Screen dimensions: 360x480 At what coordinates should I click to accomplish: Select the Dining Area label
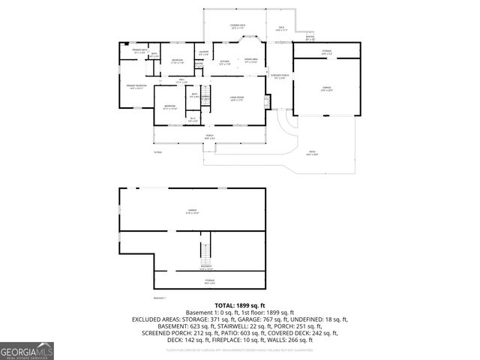tap(251, 60)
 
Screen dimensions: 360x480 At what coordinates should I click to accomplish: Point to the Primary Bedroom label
tap(136, 87)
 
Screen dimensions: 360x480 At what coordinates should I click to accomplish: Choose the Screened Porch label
tap(280, 76)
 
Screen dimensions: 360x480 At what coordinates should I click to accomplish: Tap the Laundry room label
tap(203, 53)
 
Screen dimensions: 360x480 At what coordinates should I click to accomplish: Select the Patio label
tap(312, 153)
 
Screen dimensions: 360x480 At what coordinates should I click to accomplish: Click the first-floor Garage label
tap(326, 88)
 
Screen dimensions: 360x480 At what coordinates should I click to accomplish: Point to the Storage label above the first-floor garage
tap(327, 52)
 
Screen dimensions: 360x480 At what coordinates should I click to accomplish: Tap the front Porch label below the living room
tap(209, 137)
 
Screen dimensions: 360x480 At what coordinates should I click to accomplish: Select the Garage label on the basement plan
tap(192, 211)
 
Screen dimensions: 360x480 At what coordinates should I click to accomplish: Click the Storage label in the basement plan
tap(209, 281)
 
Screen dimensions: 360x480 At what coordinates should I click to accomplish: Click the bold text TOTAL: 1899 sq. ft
tap(240, 306)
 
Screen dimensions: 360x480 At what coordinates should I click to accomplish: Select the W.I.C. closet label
tap(192, 118)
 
